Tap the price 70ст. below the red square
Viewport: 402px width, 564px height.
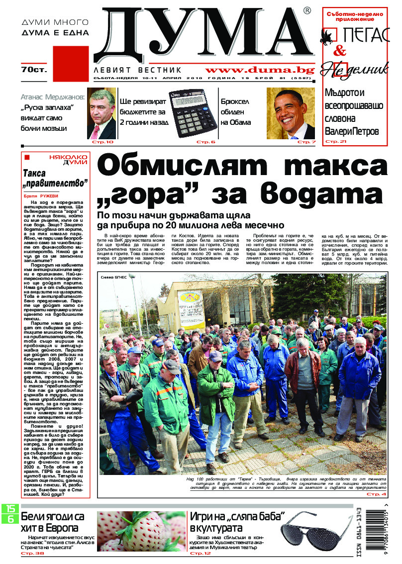pyautogui.click(x=34, y=70)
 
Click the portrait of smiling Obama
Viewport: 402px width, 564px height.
pyautogui.click(x=291, y=113)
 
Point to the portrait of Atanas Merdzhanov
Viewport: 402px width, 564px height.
pyautogui.click(x=101, y=113)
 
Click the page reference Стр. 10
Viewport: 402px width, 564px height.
pyautogui.click(x=103, y=142)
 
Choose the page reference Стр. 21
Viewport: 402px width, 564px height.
pyautogui.click(x=335, y=142)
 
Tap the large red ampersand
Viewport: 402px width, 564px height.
pyautogui.click(x=340, y=50)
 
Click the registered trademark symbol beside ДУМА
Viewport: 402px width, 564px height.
pyautogui.click(x=307, y=10)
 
